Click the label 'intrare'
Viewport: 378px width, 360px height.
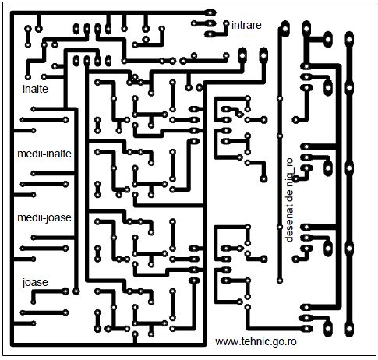pyautogui.click(x=246, y=25)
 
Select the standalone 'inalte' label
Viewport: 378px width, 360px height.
pyautogui.click(x=35, y=89)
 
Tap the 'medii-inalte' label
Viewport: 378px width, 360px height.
pyautogui.click(x=44, y=154)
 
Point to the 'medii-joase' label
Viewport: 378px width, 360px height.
pyautogui.click(x=44, y=217)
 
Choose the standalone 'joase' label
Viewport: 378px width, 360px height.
pyautogui.click(x=35, y=282)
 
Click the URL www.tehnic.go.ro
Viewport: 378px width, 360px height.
pyautogui.click(x=256, y=341)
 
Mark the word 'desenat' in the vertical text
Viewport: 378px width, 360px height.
pyautogui.click(x=289, y=223)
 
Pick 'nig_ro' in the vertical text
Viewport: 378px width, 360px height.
pyautogui.click(x=290, y=170)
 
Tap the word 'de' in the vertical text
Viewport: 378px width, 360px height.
pyautogui.click(x=289, y=193)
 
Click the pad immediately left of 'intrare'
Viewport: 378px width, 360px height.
pyautogui.click(x=226, y=23)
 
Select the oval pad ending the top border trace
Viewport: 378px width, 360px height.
pyautogui.click(x=210, y=12)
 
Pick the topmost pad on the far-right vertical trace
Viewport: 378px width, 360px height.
pyautogui.click(x=349, y=40)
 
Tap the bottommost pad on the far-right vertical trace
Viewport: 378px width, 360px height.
pyautogui.click(x=349, y=329)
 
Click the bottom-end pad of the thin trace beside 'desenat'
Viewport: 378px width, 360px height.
pyautogui.click(x=280, y=281)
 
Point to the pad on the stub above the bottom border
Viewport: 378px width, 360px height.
pyautogui.click(x=135, y=334)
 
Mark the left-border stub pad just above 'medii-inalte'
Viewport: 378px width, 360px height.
pyautogui.click(x=34, y=130)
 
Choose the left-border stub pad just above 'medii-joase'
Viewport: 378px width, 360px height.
pyautogui.click(x=34, y=195)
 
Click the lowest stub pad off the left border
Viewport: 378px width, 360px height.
pyautogui.click(x=34, y=323)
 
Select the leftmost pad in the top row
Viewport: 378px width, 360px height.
pyautogui.click(x=28, y=29)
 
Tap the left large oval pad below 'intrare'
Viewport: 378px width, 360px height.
pyautogui.click(x=242, y=55)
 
